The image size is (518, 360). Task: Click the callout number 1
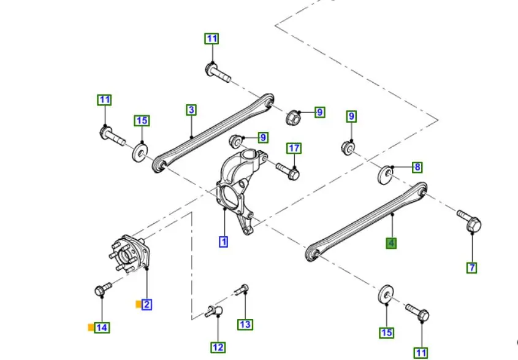click(x=224, y=242)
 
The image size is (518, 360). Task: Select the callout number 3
click(x=191, y=110)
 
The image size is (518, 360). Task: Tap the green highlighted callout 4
click(x=391, y=243)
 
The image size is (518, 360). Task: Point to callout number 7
click(x=472, y=267)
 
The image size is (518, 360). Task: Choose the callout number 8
click(x=417, y=167)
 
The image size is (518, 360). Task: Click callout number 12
click(x=218, y=348)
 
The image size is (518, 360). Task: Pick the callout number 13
click(x=245, y=324)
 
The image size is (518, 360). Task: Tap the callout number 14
click(x=102, y=327)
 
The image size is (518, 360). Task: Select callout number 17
click(x=294, y=148)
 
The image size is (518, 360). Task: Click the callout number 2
click(x=147, y=304)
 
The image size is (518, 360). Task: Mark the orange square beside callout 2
click(x=139, y=304)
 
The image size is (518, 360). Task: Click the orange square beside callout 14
click(x=91, y=327)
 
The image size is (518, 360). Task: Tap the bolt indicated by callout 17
click(x=288, y=171)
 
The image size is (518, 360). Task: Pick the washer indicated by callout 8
click(x=386, y=175)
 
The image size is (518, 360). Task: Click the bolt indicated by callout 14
click(x=103, y=289)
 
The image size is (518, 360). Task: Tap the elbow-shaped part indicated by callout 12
click(x=214, y=311)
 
